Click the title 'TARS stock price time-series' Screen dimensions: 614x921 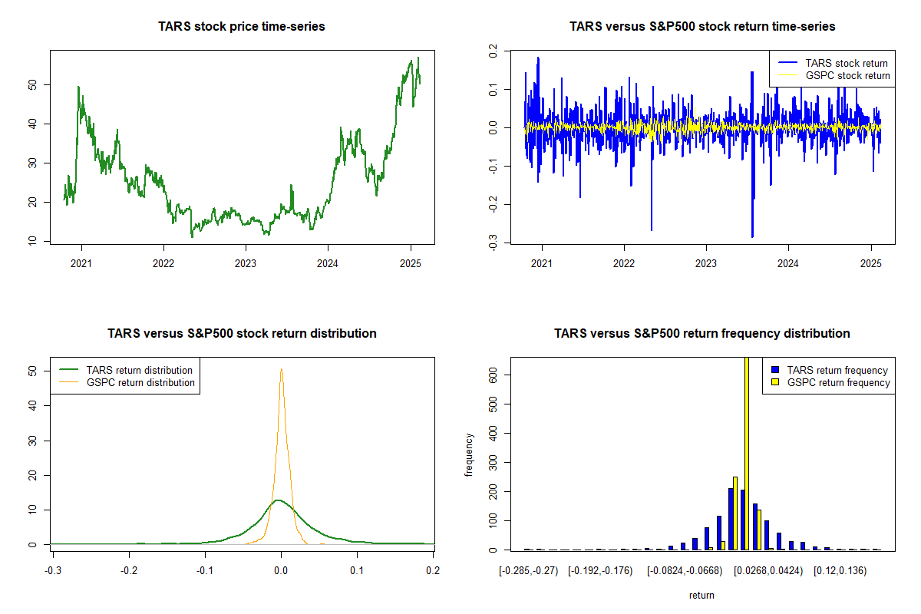(x=242, y=27)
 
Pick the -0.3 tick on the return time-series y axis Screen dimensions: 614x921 (x=494, y=243)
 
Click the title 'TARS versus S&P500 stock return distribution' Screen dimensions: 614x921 (x=242, y=334)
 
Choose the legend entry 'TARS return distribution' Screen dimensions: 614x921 (x=139, y=370)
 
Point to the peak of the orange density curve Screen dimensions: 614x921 (x=282, y=369)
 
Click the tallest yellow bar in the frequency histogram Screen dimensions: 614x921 (x=747, y=453)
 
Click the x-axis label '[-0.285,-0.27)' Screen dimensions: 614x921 (x=525, y=570)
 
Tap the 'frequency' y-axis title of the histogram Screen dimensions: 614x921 (x=470, y=454)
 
